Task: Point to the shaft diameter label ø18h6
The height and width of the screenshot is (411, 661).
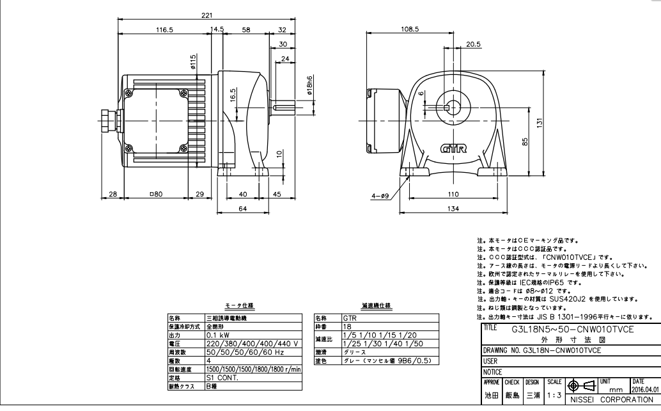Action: click(310, 86)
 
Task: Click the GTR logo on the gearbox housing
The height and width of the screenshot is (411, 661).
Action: click(454, 149)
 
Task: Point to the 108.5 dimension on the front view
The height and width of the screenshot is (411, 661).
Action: click(409, 29)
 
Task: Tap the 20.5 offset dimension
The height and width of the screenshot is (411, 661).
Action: click(473, 45)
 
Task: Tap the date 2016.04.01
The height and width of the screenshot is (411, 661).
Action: click(644, 388)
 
